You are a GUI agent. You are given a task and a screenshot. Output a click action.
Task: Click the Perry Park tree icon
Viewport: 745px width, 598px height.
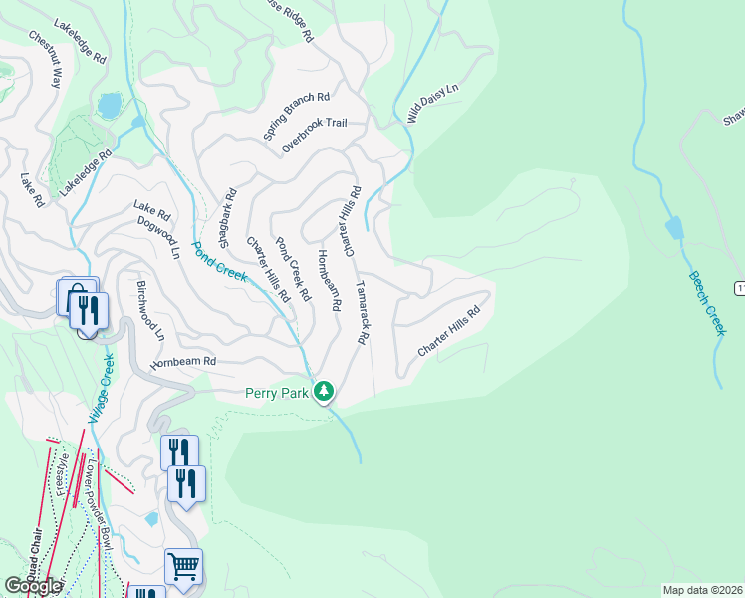click(x=323, y=392)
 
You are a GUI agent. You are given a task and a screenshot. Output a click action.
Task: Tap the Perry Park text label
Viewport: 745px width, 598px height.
click(x=278, y=393)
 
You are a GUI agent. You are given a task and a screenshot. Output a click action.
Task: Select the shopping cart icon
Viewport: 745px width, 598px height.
click(x=183, y=567)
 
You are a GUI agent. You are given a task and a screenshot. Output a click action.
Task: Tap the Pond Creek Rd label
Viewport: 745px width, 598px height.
click(x=294, y=269)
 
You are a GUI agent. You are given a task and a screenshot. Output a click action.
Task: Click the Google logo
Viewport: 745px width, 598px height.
click(x=32, y=586)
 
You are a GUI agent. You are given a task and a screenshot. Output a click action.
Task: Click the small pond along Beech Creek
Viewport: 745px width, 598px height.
click(x=674, y=228)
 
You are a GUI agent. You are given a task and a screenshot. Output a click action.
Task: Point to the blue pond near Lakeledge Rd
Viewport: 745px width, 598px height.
click(x=109, y=105)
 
